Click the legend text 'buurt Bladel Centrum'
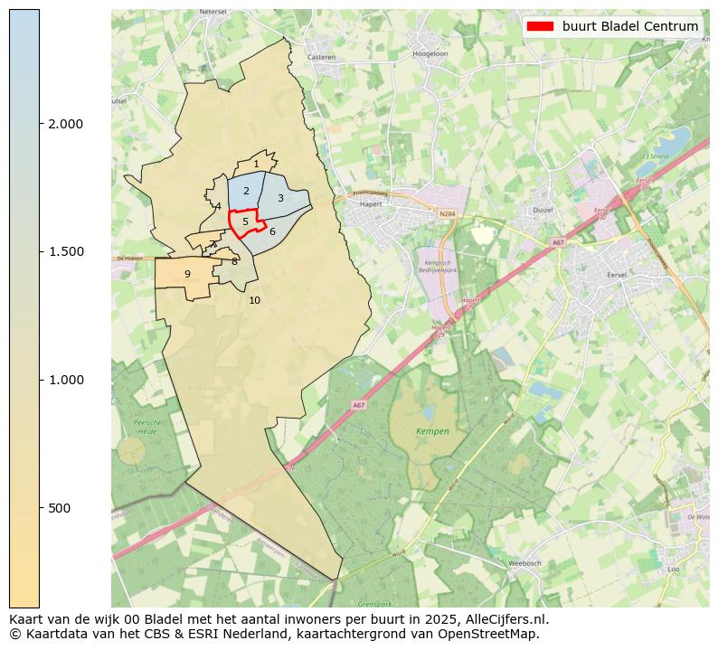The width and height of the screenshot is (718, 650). point(630,26)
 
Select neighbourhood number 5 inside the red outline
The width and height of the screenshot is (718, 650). point(245,221)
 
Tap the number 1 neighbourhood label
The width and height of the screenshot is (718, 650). point(256,164)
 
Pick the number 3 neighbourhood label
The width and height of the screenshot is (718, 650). point(280,198)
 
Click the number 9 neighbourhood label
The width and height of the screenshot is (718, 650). point(187,274)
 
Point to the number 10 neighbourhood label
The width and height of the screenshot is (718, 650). point(254,300)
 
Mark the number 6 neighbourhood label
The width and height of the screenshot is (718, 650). point(272,231)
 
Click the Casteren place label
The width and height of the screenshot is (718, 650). point(321,57)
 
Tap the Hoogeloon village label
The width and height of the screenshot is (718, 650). point(430,54)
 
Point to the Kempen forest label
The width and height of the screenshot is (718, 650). point(432,431)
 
